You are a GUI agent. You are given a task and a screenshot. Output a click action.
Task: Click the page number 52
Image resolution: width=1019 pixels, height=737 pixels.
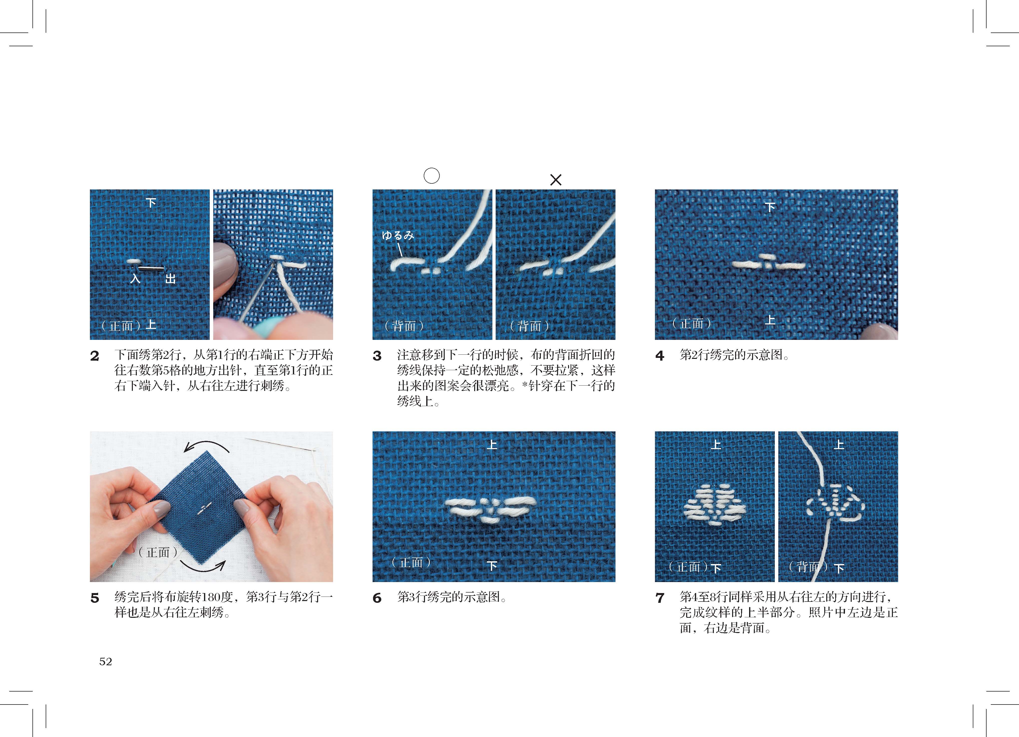[106, 662]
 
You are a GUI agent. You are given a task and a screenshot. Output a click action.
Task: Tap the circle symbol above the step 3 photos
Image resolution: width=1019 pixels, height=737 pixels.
[432, 175]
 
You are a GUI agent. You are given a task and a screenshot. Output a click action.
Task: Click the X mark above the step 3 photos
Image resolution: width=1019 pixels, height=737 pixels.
[556, 180]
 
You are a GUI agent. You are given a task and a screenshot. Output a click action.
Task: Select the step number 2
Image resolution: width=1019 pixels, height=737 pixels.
[94, 356]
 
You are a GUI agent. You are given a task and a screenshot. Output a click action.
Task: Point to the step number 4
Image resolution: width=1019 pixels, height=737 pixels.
[659, 356]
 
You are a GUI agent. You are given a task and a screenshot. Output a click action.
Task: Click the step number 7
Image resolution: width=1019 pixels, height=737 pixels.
[659, 598]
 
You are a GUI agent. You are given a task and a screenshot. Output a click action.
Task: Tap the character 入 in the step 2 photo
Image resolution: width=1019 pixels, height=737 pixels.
[135, 279]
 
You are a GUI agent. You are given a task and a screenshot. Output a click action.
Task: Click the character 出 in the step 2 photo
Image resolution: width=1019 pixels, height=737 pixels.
[170, 279]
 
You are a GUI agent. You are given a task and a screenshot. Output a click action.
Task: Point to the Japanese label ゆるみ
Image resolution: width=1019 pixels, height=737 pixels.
[398, 235]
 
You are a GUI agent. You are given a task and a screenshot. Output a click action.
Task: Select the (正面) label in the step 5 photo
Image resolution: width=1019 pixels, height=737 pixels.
[158, 552]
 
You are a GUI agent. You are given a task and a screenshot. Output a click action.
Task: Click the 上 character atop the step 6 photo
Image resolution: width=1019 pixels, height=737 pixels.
[492, 445]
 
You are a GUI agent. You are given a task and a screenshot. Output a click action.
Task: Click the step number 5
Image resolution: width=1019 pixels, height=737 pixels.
[94, 598]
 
